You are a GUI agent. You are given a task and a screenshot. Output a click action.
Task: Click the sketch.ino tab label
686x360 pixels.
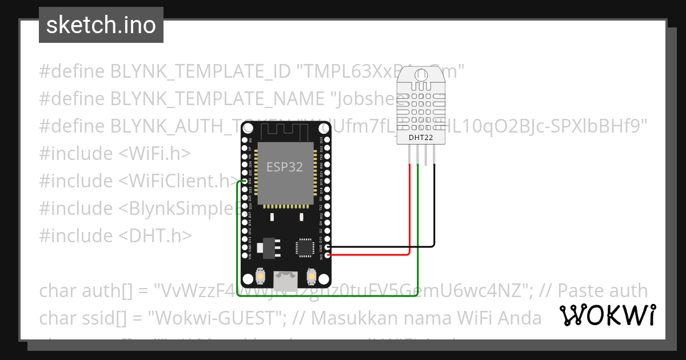coord(101,25)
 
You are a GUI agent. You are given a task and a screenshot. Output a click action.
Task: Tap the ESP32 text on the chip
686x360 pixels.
coord(284,167)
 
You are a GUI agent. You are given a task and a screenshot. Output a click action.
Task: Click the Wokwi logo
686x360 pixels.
coord(607,315)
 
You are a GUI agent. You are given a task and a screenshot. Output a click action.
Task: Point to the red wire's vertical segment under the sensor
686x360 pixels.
coord(410,206)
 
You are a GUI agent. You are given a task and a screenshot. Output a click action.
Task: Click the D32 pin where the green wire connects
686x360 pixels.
coord(245,182)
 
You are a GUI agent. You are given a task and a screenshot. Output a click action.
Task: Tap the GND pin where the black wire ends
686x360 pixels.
coord(328,247)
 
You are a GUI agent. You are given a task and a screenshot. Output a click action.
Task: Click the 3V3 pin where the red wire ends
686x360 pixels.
coord(328,255)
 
